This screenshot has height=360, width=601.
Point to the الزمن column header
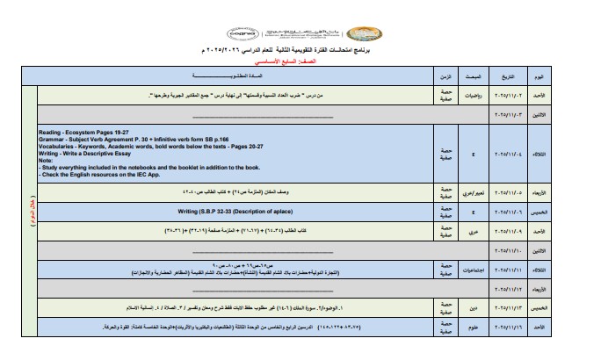(444, 77)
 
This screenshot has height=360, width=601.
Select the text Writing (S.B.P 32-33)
(230, 212)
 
